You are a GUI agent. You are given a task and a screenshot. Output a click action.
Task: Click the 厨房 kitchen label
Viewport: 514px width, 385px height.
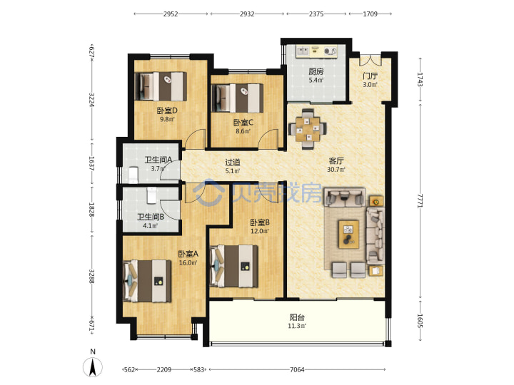(x=316, y=71)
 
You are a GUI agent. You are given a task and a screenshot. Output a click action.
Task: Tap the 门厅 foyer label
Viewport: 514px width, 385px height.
(x=370, y=76)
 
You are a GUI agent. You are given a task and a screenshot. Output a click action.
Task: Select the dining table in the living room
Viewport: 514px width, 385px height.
(x=308, y=128)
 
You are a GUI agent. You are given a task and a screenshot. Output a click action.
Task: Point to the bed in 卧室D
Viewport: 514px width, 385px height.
(x=161, y=86)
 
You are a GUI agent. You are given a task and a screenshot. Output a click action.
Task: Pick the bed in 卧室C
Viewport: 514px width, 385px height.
(x=237, y=98)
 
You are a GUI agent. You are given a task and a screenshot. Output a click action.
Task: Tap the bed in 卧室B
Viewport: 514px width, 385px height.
(x=234, y=266)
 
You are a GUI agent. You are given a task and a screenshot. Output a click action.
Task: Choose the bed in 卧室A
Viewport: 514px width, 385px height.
(x=147, y=281)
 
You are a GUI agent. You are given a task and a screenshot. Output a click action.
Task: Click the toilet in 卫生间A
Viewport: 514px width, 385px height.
(x=133, y=175)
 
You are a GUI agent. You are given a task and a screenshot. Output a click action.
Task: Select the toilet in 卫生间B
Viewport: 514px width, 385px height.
(x=151, y=195)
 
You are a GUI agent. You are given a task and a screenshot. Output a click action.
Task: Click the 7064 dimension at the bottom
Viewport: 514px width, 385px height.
(x=297, y=369)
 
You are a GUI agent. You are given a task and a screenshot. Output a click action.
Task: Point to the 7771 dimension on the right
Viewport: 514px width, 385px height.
(x=420, y=201)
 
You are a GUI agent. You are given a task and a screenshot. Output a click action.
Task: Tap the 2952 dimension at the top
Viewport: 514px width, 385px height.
(x=171, y=14)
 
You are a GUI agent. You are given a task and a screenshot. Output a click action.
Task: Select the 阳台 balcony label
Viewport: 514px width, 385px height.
(x=297, y=317)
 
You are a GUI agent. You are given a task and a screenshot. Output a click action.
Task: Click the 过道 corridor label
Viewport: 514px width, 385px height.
(x=233, y=162)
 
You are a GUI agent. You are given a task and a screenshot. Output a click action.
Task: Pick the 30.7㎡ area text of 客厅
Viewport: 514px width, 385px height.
(x=336, y=170)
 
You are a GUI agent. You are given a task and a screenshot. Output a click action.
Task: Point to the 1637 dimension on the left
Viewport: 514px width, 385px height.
(x=91, y=163)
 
